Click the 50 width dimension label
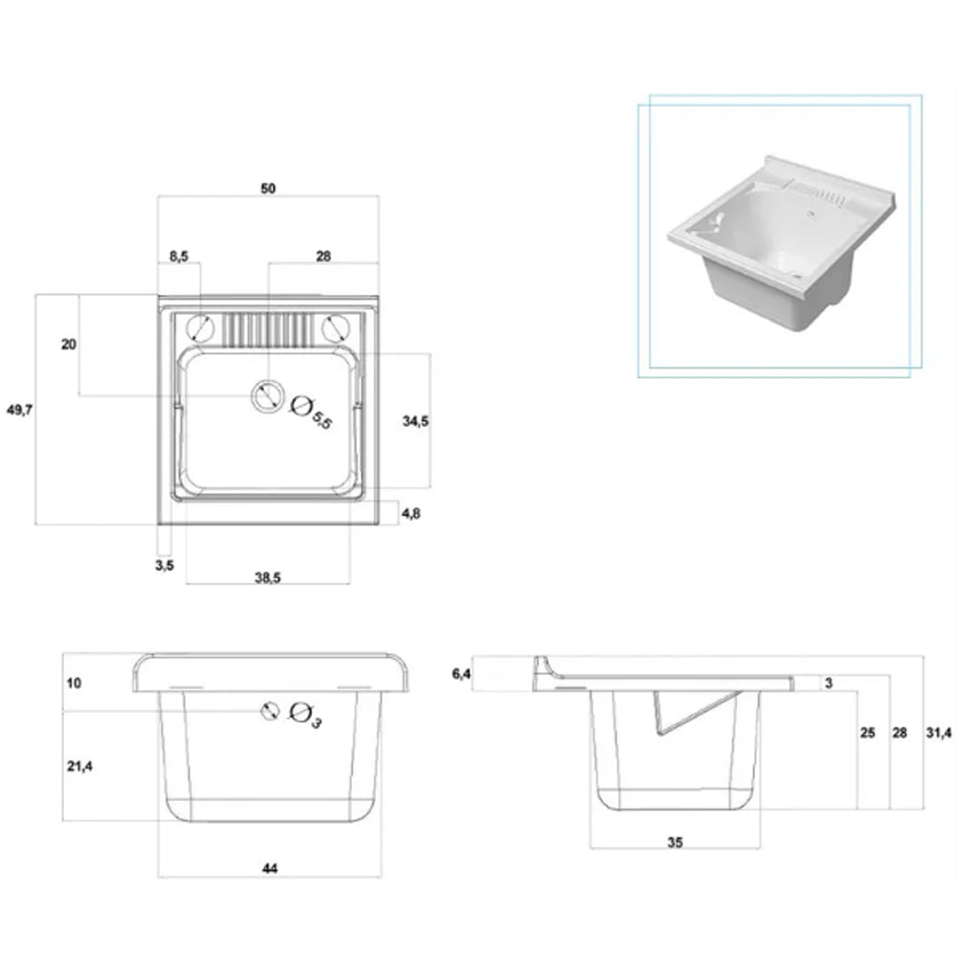click(268, 189)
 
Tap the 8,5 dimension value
click(179, 256)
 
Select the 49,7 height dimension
click(19, 410)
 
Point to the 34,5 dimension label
click(415, 421)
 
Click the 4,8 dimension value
click(412, 514)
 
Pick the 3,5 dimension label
click(165, 566)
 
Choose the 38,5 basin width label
click(268, 578)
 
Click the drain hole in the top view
click(268, 396)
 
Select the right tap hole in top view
click(335, 328)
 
